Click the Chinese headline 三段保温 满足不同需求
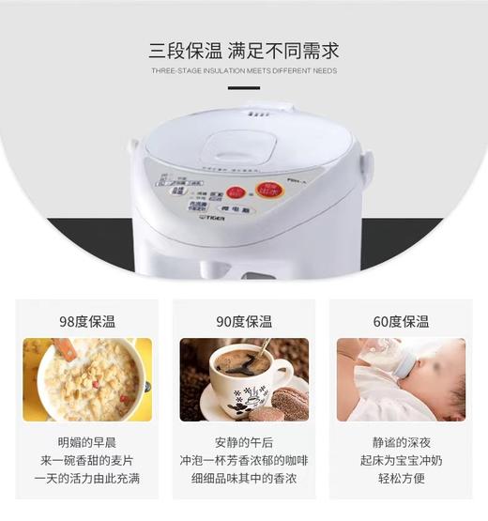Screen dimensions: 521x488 coord(243,49)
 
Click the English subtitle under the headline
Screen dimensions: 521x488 coord(243,71)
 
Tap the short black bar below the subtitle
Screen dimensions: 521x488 coord(243,88)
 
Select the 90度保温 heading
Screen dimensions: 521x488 coord(243,321)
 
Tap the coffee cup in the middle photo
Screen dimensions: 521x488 coord(238,375)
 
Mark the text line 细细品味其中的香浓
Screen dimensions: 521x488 coord(243,477)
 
